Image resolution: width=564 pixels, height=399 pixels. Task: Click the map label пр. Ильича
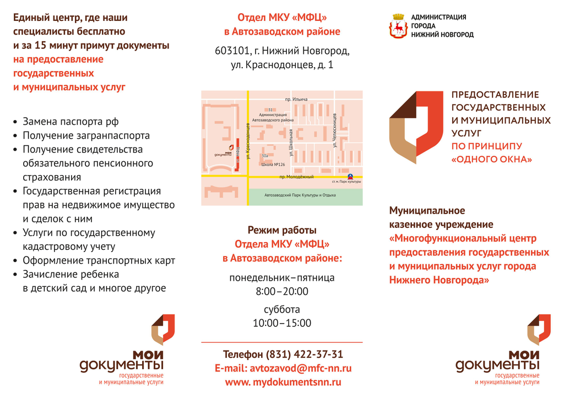296,99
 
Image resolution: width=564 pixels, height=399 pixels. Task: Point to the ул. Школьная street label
291,140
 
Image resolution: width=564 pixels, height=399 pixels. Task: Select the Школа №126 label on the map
273,165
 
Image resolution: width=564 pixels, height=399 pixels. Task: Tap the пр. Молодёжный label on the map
296,177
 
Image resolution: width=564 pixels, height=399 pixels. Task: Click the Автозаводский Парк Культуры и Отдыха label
300,195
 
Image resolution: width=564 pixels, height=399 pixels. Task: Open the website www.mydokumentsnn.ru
283,382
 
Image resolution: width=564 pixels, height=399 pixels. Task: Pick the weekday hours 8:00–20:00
282,291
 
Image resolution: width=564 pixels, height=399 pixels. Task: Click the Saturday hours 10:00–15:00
282,323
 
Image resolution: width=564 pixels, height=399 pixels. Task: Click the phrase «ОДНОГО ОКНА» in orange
492,160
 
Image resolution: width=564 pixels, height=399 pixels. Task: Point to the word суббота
282,309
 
